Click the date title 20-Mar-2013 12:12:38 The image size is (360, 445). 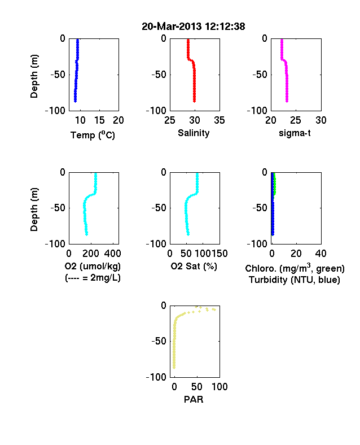pyautogui.click(x=194, y=27)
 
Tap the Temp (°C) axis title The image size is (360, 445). pyautogui.click(x=93, y=135)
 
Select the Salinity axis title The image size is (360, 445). pyautogui.click(x=194, y=133)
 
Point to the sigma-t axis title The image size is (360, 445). pyautogui.click(x=295, y=133)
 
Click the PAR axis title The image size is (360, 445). pyautogui.click(x=194, y=400)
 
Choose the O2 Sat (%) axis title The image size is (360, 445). pyautogui.click(x=194, y=266)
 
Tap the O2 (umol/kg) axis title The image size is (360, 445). pyautogui.click(x=93, y=266)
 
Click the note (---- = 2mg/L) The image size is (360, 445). pyautogui.click(x=93, y=277)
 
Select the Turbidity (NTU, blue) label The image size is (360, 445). pyautogui.click(x=295, y=280)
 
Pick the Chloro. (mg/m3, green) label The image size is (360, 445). pyautogui.click(x=295, y=268)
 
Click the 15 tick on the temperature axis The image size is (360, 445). pyautogui.click(x=99, y=120)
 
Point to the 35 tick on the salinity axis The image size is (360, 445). pyautogui.click(x=219, y=120)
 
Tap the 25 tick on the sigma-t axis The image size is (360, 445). pyautogui.click(x=296, y=120)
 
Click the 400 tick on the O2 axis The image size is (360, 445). pyautogui.click(x=113, y=254)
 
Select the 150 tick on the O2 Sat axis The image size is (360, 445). pyautogui.click(x=219, y=254)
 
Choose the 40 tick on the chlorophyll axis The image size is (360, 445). pyautogui.click(x=321, y=254)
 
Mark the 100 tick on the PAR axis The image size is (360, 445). pyautogui.click(x=219, y=387)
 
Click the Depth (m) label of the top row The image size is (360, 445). pyautogui.click(x=34, y=76)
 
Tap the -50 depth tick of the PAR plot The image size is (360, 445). pyautogui.click(x=159, y=341)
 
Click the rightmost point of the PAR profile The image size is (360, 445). pyautogui.click(x=214, y=309)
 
